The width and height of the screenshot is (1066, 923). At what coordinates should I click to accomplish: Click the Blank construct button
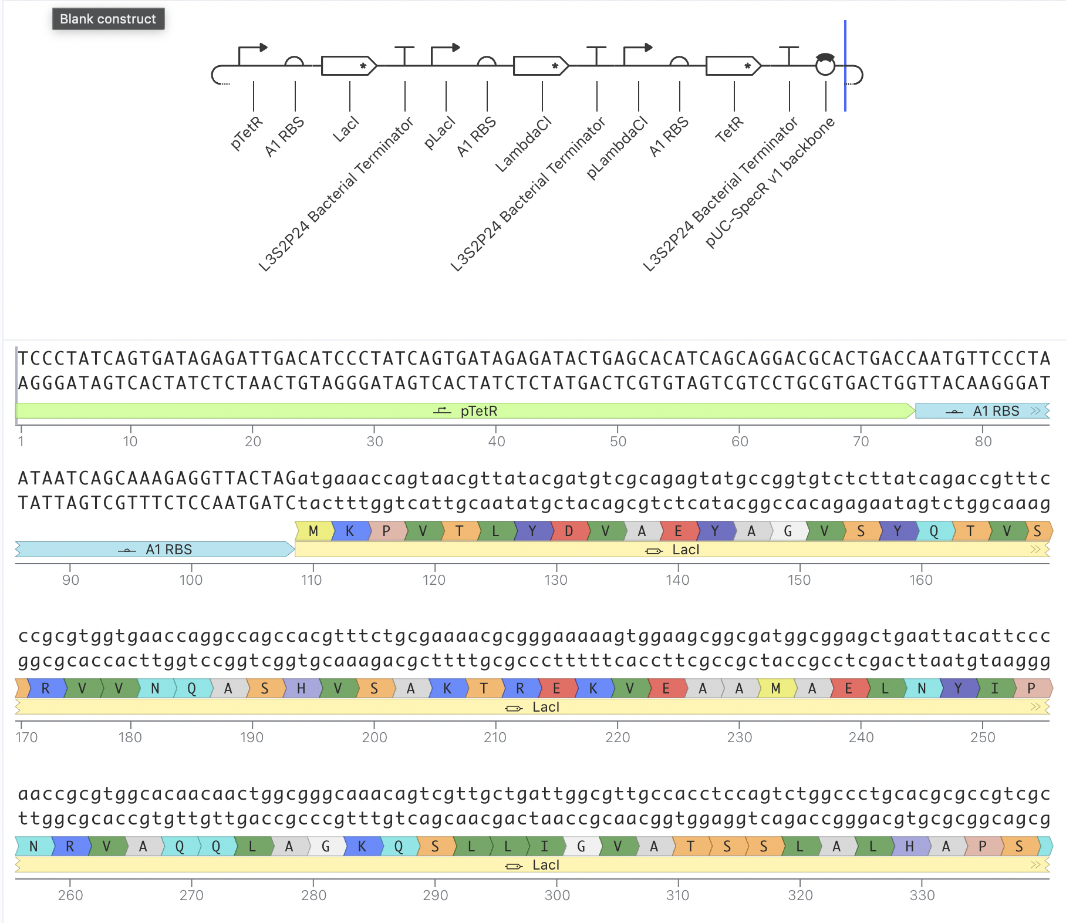click(109, 19)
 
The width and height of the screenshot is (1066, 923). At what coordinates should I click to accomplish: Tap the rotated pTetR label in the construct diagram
click(247, 133)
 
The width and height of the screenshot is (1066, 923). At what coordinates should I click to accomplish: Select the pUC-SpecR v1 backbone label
click(770, 182)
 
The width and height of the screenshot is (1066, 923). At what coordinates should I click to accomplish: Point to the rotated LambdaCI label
click(523, 144)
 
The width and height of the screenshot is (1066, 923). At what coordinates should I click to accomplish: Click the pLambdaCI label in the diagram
click(617, 147)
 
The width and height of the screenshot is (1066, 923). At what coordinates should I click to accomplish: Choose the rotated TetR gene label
click(729, 129)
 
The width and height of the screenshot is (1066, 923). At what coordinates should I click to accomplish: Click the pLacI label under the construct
click(440, 132)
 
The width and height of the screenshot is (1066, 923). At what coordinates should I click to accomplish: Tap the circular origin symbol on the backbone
click(825, 65)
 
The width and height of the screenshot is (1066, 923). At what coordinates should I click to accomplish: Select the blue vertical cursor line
click(845, 66)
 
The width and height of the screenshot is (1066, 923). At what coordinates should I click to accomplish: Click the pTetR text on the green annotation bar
click(479, 411)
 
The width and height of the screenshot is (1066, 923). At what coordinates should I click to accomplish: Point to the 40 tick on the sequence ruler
click(497, 441)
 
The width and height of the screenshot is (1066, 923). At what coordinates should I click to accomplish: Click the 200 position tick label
click(375, 737)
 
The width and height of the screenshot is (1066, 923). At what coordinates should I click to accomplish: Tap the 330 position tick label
click(922, 895)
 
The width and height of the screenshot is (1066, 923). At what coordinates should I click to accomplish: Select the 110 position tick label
click(312, 580)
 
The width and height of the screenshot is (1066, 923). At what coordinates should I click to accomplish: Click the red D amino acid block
click(568, 531)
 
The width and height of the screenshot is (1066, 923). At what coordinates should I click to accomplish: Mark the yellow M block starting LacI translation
click(313, 531)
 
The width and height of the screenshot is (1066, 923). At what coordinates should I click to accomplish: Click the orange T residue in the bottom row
click(690, 847)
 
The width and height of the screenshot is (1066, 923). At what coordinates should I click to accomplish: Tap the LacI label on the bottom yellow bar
click(546, 865)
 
